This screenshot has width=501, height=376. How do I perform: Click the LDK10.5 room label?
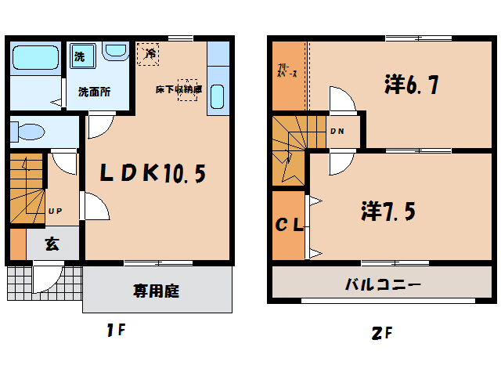(153, 172)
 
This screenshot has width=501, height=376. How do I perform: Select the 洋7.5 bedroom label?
(387, 211)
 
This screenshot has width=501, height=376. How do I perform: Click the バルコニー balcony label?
(384, 283)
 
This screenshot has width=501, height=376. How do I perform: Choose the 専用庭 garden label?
(157, 291)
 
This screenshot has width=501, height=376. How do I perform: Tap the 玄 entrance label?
(51, 244)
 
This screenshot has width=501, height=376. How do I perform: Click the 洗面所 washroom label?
(93, 91)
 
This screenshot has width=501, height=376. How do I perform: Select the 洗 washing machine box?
(80, 56)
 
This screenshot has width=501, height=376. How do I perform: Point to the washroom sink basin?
(116, 52)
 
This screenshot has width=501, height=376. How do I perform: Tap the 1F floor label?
(117, 331)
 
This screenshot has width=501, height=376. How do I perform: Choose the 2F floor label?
(381, 333)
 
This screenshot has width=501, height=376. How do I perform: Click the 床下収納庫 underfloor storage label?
(178, 89)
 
